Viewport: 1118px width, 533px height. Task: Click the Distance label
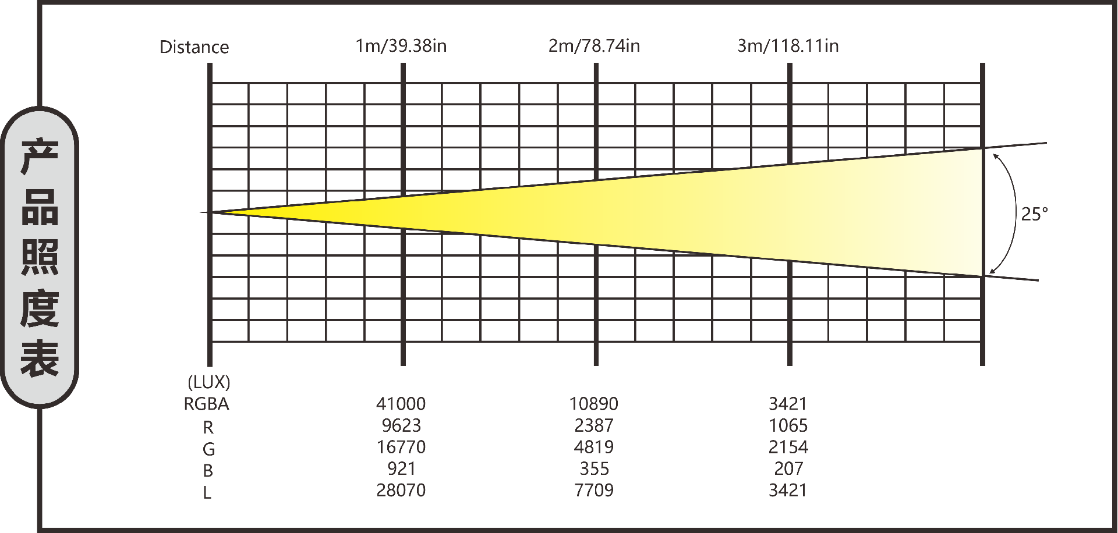click(x=194, y=47)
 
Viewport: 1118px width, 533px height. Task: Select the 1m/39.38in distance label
click(x=401, y=46)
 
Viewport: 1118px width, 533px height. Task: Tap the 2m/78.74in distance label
click(x=594, y=46)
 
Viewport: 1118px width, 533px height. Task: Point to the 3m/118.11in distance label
click(x=788, y=46)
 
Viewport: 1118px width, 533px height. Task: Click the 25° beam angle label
click(x=1034, y=214)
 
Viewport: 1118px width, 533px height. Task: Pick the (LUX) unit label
click(x=208, y=382)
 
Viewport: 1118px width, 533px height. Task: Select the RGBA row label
click(x=206, y=404)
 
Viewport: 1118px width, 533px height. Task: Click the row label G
click(x=208, y=449)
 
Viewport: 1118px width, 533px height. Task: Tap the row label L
click(x=207, y=493)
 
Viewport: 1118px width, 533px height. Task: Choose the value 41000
click(x=401, y=404)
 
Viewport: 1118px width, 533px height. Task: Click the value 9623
click(x=401, y=425)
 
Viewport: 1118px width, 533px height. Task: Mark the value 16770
click(x=401, y=447)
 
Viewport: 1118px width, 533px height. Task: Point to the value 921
click(x=401, y=468)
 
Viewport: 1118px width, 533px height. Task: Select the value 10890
click(x=593, y=404)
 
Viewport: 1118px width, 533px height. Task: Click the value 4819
click(x=593, y=447)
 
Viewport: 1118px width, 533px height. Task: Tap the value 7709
click(x=593, y=490)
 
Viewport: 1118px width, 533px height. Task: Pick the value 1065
click(x=788, y=425)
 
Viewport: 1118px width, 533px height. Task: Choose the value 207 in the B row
click(x=788, y=468)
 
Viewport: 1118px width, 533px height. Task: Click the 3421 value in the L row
click(x=788, y=490)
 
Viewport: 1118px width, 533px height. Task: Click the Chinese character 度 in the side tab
click(x=40, y=308)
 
